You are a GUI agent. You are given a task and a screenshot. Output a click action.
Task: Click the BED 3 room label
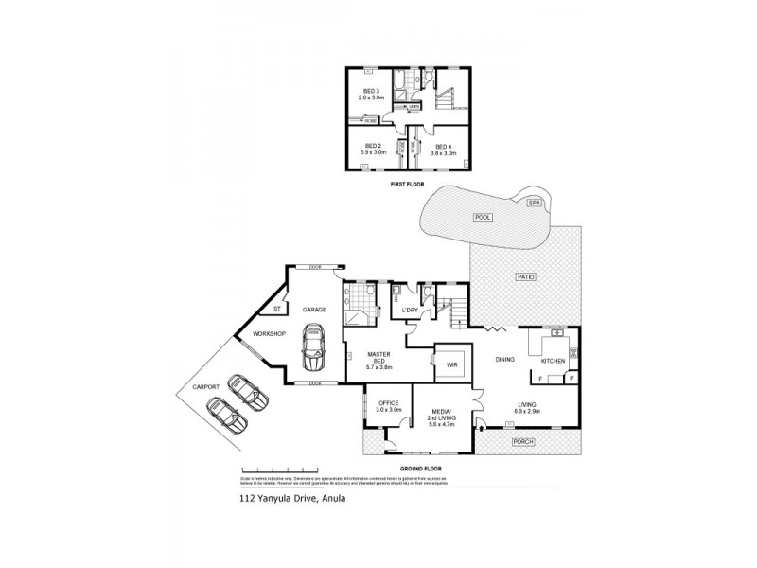point(371,92)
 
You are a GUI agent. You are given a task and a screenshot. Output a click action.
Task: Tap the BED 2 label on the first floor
point(372,146)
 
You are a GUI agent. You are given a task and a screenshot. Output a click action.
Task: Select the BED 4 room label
point(445,146)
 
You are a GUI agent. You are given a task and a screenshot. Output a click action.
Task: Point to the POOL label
point(484,217)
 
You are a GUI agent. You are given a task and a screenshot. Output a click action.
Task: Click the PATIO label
point(526,276)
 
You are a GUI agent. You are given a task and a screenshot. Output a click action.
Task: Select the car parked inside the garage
point(312,348)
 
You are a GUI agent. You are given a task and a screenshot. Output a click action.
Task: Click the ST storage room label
point(277,309)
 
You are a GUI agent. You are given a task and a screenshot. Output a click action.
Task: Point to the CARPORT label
point(206,386)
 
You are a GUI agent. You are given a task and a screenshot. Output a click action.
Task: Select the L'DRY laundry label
point(411,311)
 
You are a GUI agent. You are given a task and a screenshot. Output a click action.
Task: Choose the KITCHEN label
point(553,361)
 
